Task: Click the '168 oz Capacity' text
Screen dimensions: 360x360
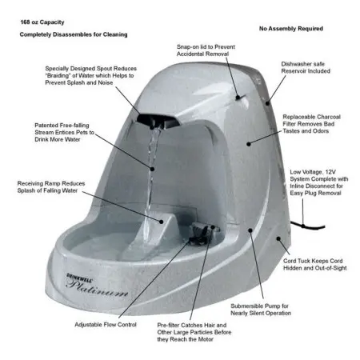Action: coord(42,22)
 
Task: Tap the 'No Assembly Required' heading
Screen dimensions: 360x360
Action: coord(291,29)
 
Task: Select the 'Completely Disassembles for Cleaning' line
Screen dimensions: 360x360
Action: coord(74,34)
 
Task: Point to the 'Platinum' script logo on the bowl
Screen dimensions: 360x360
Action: coord(97,289)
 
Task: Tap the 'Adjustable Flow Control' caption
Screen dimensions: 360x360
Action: coord(106,325)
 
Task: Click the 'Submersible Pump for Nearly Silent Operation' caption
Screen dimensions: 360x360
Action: coord(261,310)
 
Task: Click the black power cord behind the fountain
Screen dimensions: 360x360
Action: coord(307,226)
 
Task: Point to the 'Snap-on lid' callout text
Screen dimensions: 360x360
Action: coord(206,50)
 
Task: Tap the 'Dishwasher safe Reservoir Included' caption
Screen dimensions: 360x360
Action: coord(306,67)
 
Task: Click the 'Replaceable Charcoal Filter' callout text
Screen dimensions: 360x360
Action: coord(311,124)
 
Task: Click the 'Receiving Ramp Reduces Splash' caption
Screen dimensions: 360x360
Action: coord(51,187)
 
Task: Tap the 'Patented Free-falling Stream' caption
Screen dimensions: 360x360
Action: coord(64,132)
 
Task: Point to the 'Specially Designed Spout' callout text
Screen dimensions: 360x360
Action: coord(90,75)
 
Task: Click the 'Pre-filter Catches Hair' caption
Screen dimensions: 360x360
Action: coord(194,332)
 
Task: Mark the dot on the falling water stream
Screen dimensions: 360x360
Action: coord(152,169)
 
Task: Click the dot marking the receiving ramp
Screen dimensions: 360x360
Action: coord(161,222)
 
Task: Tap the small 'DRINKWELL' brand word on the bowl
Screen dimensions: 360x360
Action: coord(80,277)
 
